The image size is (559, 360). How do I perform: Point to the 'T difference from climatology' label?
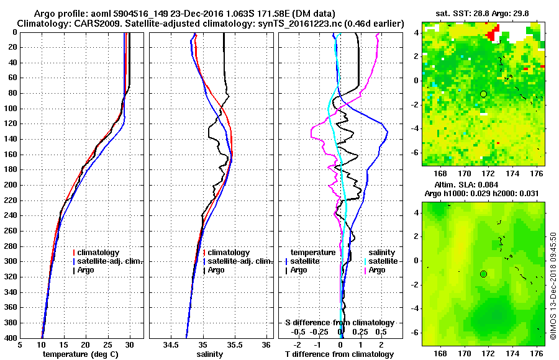pyautogui.click(x=339, y=354)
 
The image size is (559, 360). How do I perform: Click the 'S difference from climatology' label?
pyautogui.click(x=339, y=323)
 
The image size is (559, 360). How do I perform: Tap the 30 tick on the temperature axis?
pyautogui.click(x=129, y=345)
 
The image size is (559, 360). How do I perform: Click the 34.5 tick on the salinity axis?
pyautogui.click(x=171, y=345)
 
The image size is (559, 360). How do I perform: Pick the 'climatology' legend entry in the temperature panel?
pyautogui.click(x=99, y=253)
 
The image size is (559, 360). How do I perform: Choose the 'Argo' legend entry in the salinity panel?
pyautogui.click(x=217, y=270)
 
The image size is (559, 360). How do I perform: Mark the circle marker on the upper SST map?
pyautogui.click(x=483, y=94)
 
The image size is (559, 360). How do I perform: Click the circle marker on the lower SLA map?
pyautogui.click(x=483, y=274)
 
